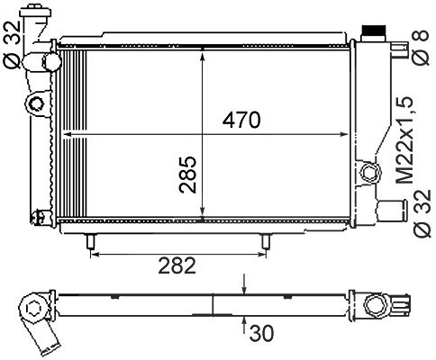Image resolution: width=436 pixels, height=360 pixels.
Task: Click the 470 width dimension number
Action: (241, 120)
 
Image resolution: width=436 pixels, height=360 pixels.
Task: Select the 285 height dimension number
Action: (187, 175)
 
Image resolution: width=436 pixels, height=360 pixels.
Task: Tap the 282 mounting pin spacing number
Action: (177, 265)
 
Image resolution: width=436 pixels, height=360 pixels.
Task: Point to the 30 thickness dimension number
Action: (261, 333)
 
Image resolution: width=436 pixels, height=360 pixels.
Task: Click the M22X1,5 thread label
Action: (404, 140)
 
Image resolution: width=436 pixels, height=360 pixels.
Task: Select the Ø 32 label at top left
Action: (12, 44)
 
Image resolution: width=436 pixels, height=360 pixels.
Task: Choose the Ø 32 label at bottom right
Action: (422, 213)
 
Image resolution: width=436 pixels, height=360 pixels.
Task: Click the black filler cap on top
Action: (374, 31)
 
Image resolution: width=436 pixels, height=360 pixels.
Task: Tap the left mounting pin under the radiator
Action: (91, 241)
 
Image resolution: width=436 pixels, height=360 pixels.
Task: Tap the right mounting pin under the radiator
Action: (266, 241)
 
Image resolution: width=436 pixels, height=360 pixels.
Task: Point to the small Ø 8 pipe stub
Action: (400, 49)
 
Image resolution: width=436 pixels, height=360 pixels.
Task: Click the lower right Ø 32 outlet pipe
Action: (391, 211)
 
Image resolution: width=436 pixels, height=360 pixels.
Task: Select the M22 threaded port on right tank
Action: (370, 173)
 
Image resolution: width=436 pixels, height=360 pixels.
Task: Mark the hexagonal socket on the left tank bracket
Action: (36, 103)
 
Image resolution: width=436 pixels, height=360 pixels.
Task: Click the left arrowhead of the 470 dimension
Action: (67, 134)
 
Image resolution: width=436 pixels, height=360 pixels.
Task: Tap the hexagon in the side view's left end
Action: (32, 308)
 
